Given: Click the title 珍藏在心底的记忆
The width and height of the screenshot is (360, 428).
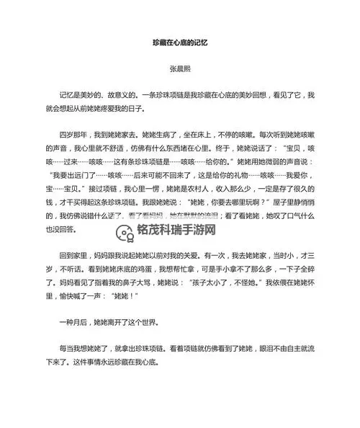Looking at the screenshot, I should pyautogui.click(x=180, y=43).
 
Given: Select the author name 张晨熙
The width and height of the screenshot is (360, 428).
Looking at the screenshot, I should pyautogui.click(x=180, y=71).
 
